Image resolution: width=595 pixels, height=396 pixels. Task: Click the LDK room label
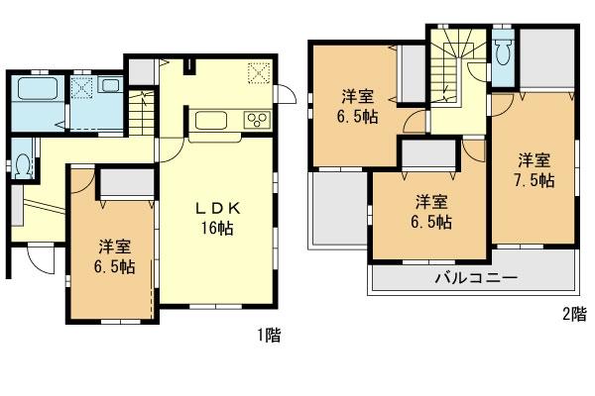pos(214,208)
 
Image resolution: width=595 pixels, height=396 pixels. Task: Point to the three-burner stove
pos(258,121)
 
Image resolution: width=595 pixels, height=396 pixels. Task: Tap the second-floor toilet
pos(502,49)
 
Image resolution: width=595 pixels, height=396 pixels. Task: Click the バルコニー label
pos(474,278)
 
